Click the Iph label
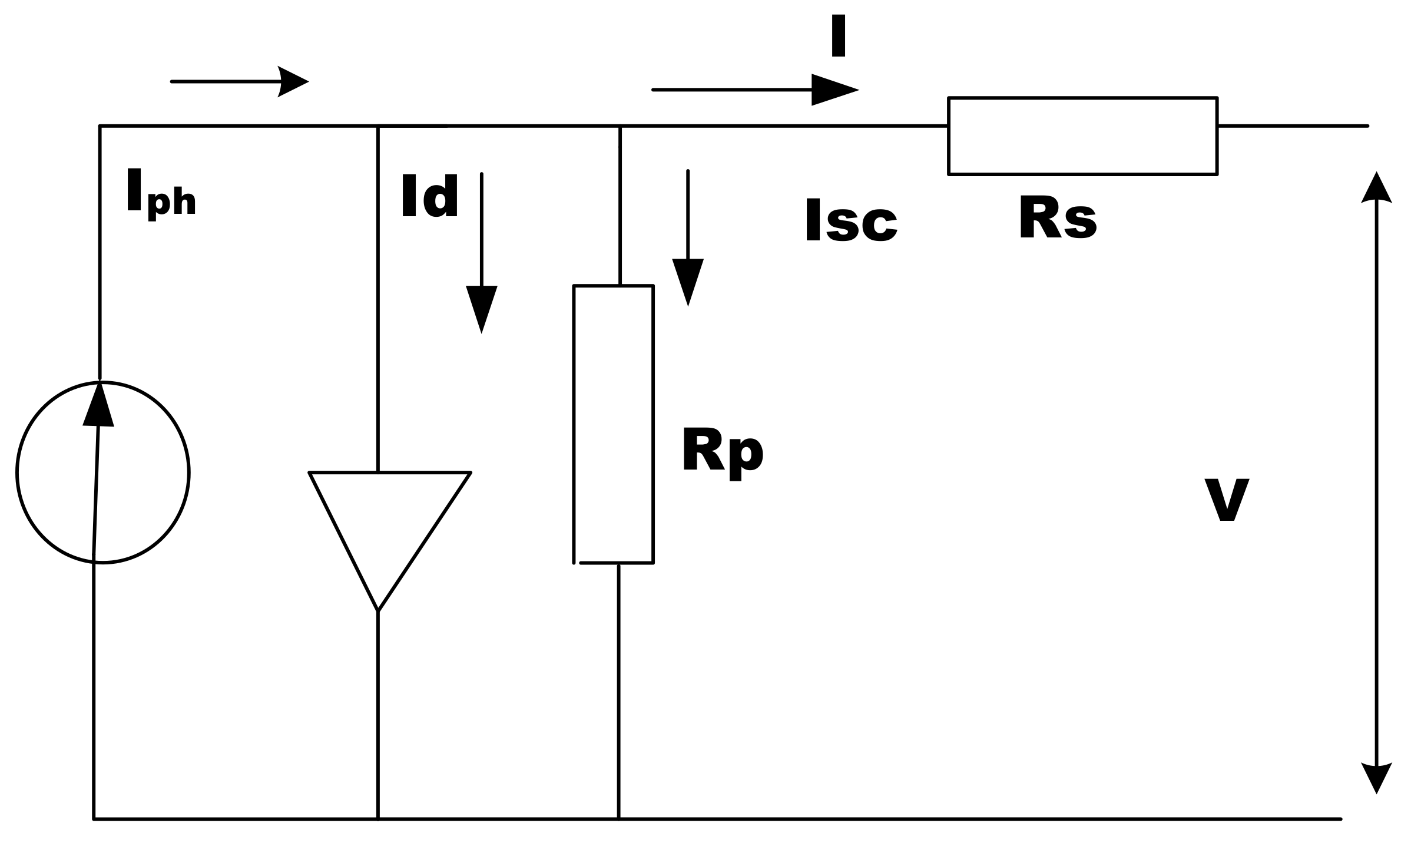[160, 193]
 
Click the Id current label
[430, 196]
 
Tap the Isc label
[850, 221]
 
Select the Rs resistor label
[1057, 219]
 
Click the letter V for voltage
[1227, 500]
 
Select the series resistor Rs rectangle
[1082, 136]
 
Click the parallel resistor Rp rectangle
[613, 424]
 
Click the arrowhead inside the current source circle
[98, 406]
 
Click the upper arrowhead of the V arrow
[1376, 189]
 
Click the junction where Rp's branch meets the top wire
[620, 126]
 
